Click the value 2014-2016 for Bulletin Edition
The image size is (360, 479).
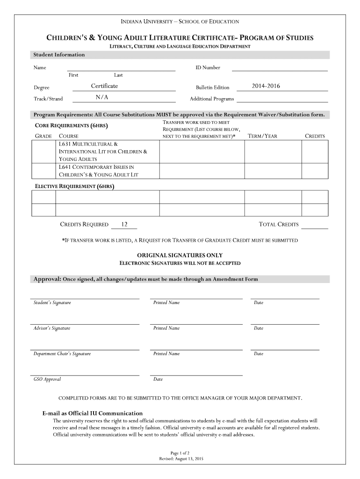point(266,86)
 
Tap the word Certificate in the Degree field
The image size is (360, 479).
point(104,86)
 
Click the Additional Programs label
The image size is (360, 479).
point(212,99)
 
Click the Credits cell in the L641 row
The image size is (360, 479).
point(315,170)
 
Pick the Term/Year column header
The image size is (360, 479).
point(262,136)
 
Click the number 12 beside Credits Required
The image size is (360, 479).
point(124,225)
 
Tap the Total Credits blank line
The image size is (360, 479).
point(315,227)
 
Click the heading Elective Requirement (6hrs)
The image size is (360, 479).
point(75,187)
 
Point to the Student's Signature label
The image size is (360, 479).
point(52,303)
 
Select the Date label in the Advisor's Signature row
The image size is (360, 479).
point(259,328)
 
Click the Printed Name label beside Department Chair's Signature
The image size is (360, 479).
point(166,354)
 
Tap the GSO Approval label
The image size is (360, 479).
point(47,379)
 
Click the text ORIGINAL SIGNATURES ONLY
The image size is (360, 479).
point(180,255)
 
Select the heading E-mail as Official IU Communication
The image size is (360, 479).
point(93,414)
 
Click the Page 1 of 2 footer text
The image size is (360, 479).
point(180,453)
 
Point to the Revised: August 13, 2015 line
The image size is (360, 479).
point(180,459)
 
